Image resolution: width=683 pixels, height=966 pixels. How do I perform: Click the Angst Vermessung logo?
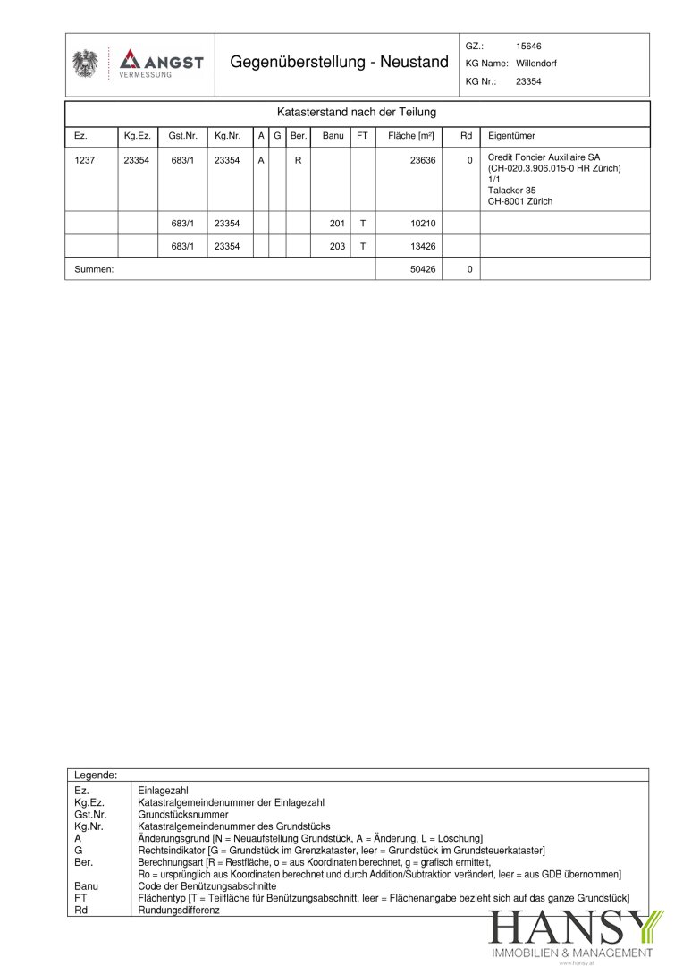point(162,64)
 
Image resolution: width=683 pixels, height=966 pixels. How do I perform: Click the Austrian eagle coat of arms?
point(86,64)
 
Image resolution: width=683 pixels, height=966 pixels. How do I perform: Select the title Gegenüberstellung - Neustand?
point(339,63)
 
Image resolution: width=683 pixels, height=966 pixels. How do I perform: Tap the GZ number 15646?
point(528,46)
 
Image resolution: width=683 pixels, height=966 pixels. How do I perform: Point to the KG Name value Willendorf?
point(536,64)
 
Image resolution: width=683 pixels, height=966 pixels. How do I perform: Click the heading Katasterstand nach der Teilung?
point(357,113)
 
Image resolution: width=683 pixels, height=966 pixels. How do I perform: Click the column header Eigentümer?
point(511,136)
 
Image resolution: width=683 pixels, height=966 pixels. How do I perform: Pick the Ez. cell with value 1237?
point(84,160)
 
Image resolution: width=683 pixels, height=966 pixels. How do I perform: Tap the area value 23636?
point(423,160)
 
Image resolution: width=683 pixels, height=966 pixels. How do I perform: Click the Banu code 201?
point(337,223)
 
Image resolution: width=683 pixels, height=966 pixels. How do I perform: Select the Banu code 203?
point(337,246)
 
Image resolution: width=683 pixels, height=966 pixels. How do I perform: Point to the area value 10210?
point(423,223)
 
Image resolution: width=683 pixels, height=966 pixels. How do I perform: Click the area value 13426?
point(423,246)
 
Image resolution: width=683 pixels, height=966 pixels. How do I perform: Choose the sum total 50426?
point(423,269)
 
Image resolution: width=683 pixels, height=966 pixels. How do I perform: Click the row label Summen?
point(94,269)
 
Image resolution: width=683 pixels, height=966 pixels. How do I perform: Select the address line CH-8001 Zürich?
point(520,201)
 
